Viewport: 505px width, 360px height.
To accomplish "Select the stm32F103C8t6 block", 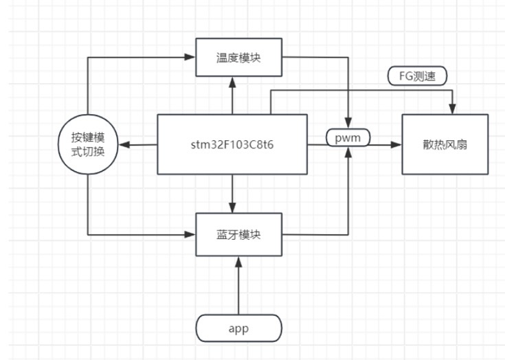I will coord(232,144).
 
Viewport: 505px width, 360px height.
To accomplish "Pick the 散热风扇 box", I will coord(445,144).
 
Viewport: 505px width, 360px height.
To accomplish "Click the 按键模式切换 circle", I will coord(88,144).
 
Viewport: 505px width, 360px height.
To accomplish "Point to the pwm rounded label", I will coord(348,138).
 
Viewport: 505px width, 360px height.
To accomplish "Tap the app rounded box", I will coord(238,328).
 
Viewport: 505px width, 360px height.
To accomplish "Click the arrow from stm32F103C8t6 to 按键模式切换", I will coord(137,144).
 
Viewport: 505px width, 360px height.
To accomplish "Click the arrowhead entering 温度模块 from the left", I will coord(192,57).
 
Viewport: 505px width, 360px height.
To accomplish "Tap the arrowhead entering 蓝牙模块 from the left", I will coord(192,234).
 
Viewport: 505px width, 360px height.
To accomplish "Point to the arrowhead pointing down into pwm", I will coord(348,124).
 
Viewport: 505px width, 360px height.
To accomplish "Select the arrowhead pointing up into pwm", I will coord(348,152).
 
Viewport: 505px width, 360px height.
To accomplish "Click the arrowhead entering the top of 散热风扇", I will coord(452,109).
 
